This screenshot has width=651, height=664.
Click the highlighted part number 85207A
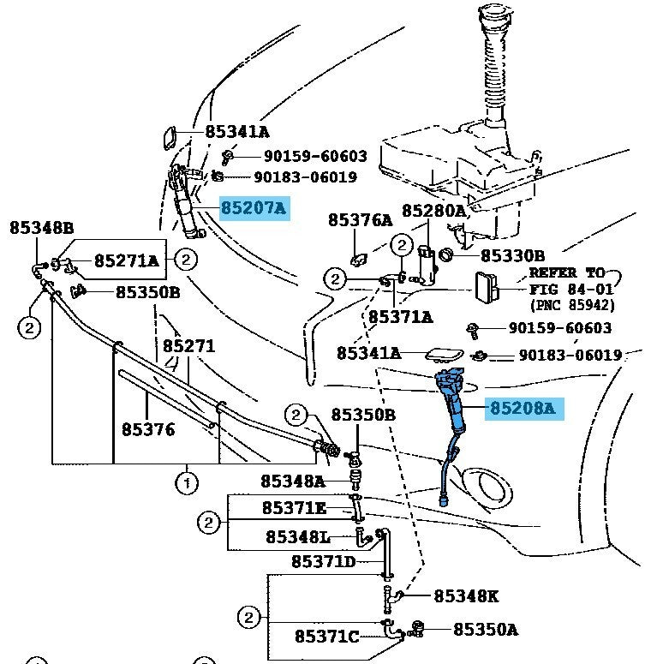click(x=254, y=208)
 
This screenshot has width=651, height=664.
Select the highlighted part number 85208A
click(x=523, y=409)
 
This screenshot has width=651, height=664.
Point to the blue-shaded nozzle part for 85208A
click(x=453, y=403)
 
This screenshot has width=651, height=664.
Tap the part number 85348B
click(x=42, y=228)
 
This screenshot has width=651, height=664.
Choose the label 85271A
click(x=127, y=260)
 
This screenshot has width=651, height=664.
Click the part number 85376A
click(x=360, y=220)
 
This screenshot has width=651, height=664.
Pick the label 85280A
click(x=434, y=211)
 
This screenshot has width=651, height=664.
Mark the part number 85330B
click(x=513, y=255)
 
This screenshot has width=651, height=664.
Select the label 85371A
click(x=401, y=317)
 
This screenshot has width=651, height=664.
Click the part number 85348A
click(x=293, y=482)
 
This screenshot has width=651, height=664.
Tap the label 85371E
click(x=294, y=509)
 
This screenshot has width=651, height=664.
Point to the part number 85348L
click(x=298, y=537)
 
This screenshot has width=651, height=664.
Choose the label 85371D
click(x=324, y=562)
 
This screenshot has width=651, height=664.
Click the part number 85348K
click(x=466, y=595)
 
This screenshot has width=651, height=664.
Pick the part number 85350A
click(x=485, y=630)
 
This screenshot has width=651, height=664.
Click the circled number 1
click(x=186, y=484)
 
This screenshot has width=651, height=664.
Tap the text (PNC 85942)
click(x=571, y=305)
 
